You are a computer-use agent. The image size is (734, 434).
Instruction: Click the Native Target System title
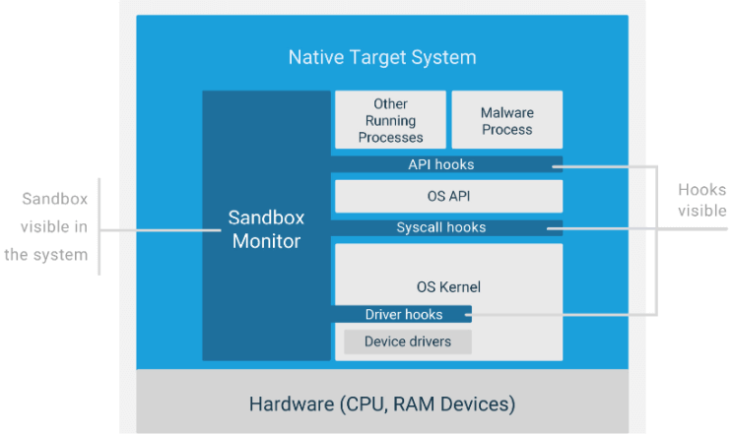point(382,57)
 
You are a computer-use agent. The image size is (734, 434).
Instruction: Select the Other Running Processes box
point(390,120)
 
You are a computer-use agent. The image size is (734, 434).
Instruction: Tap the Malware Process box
point(507,120)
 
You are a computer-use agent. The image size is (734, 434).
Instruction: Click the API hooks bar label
point(441,164)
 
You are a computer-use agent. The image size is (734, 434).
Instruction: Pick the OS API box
point(449,197)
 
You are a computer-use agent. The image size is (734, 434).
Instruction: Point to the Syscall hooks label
point(441,227)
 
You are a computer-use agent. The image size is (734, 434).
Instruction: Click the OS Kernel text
point(448,286)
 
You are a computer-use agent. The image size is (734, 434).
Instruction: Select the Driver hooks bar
point(401,314)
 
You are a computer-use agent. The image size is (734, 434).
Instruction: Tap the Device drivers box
point(408,341)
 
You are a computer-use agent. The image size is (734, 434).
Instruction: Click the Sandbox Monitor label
point(266,229)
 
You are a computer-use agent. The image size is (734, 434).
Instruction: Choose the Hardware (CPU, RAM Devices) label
point(382,404)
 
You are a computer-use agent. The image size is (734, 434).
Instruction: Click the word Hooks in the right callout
point(702,189)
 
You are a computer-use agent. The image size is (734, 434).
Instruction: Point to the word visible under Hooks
point(702,211)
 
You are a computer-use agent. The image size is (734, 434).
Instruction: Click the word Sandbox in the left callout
point(55,199)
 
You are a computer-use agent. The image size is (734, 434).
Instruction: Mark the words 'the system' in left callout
point(46,255)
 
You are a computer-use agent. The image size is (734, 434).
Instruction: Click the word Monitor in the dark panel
point(266,241)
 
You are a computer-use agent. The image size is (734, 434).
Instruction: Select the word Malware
point(507,113)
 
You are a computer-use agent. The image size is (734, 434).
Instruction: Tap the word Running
point(390,121)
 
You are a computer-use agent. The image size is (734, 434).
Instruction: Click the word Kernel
point(460,286)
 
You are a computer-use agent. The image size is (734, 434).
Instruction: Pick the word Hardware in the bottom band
point(292,404)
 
